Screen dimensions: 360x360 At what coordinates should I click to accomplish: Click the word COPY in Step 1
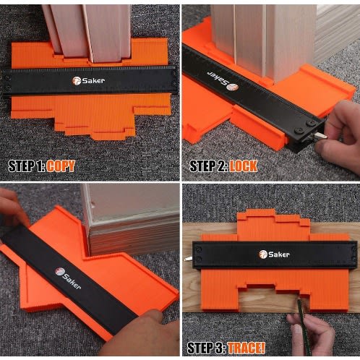(x=61, y=166)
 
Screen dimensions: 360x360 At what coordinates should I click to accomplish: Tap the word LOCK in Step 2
(x=243, y=166)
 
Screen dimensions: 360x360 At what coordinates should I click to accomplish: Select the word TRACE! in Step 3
(x=247, y=348)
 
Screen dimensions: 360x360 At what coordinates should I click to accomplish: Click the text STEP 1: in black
(x=26, y=166)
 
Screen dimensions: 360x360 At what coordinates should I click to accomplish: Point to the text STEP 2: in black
(x=208, y=166)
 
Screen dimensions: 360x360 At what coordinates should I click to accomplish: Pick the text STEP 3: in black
(x=207, y=348)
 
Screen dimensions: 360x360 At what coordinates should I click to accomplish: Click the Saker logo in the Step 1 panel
(x=88, y=81)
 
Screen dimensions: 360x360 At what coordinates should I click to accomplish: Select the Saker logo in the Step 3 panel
(x=274, y=254)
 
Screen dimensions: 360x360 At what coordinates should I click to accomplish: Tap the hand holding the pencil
(x=311, y=334)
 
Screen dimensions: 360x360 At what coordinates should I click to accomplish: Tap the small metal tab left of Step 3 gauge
(x=189, y=259)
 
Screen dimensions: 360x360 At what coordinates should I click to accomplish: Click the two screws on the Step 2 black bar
(x=305, y=127)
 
